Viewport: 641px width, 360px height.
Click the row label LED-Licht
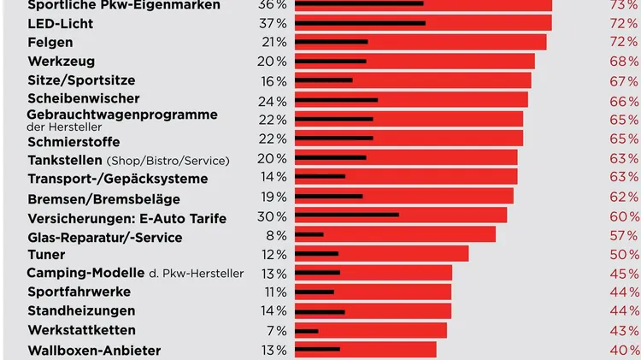(x=60, y=23)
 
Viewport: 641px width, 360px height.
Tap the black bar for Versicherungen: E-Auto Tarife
(x=347, y=215)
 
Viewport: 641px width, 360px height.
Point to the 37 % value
(x=274, y=23)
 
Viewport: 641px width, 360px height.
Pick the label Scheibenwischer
(x=83, y=99)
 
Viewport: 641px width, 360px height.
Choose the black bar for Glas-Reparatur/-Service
(x=309, y=234)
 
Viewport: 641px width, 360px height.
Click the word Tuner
(x=46, y=254)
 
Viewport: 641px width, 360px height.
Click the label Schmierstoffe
(x=74, y=141)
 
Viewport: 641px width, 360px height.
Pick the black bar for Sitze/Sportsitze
(x=324, y=80)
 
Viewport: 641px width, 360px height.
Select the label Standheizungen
(x=81, y=310)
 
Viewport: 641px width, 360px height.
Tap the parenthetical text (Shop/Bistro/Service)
(x=168, y=161)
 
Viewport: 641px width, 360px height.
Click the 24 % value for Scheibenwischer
(x=274, y=100)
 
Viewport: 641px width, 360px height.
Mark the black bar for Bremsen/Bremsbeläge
(x=329, y=196)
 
